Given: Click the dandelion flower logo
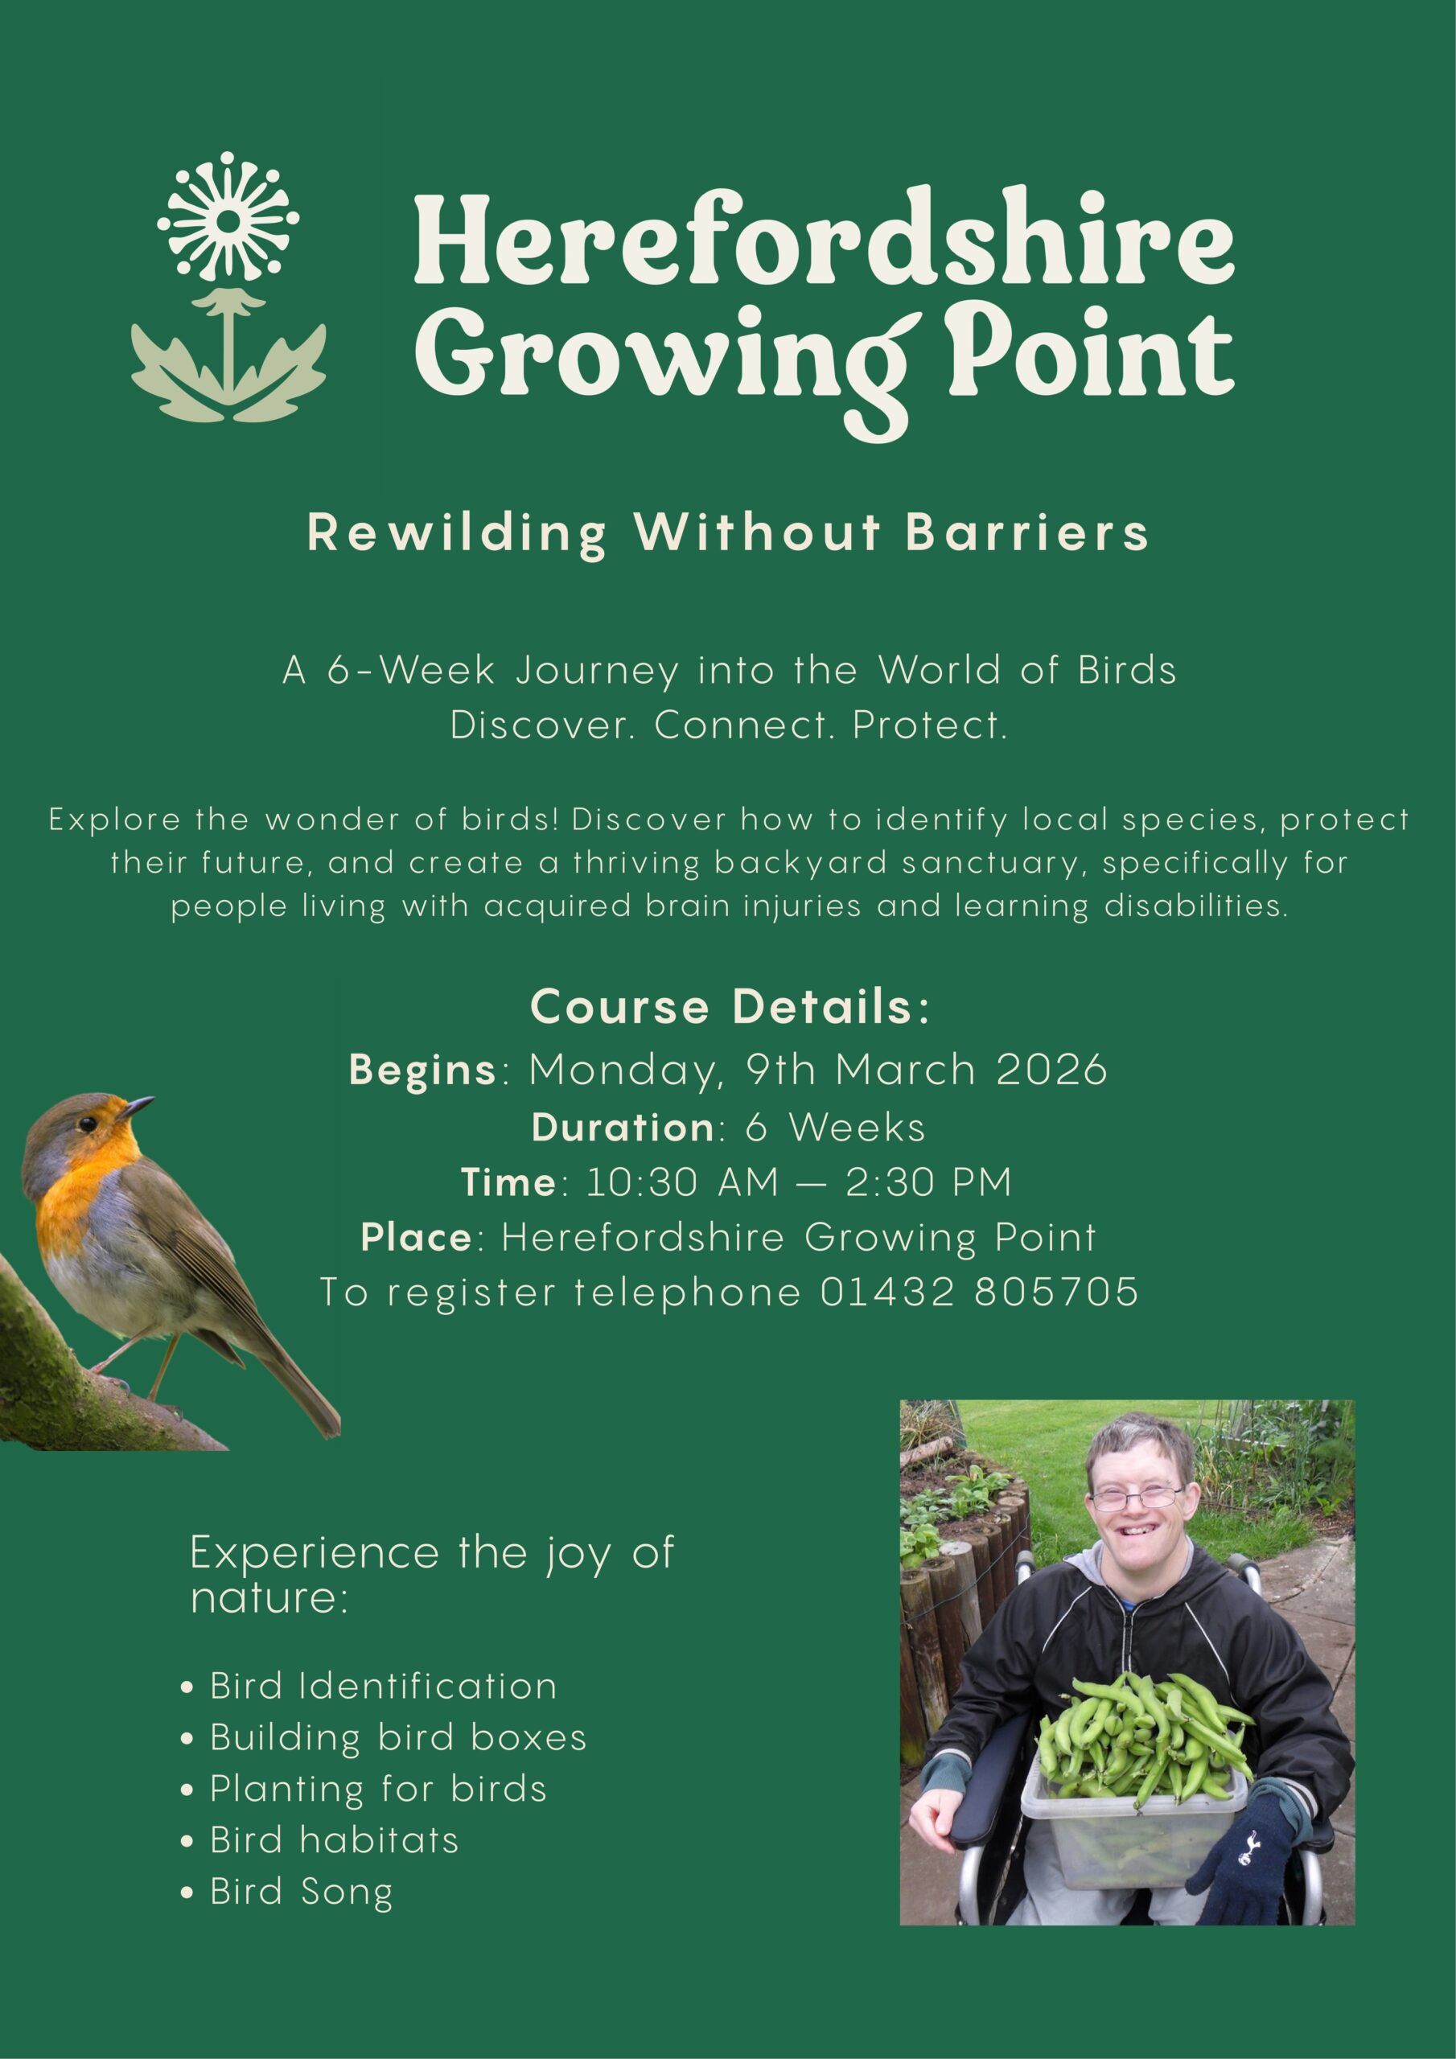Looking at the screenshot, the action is coord(228,287).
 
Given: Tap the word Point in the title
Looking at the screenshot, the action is coord(1090,352).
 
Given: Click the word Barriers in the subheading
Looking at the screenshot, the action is coord(1027,532).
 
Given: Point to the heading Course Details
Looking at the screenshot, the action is coord(731,1006).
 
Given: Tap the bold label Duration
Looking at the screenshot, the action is coord(623,1126).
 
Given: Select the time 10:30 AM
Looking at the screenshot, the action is coord(682,1182).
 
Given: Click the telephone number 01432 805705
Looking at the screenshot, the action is coord(980,1293).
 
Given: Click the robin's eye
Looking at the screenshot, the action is coord(87,1124).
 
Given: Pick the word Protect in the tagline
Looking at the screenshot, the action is coord(929,725).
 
